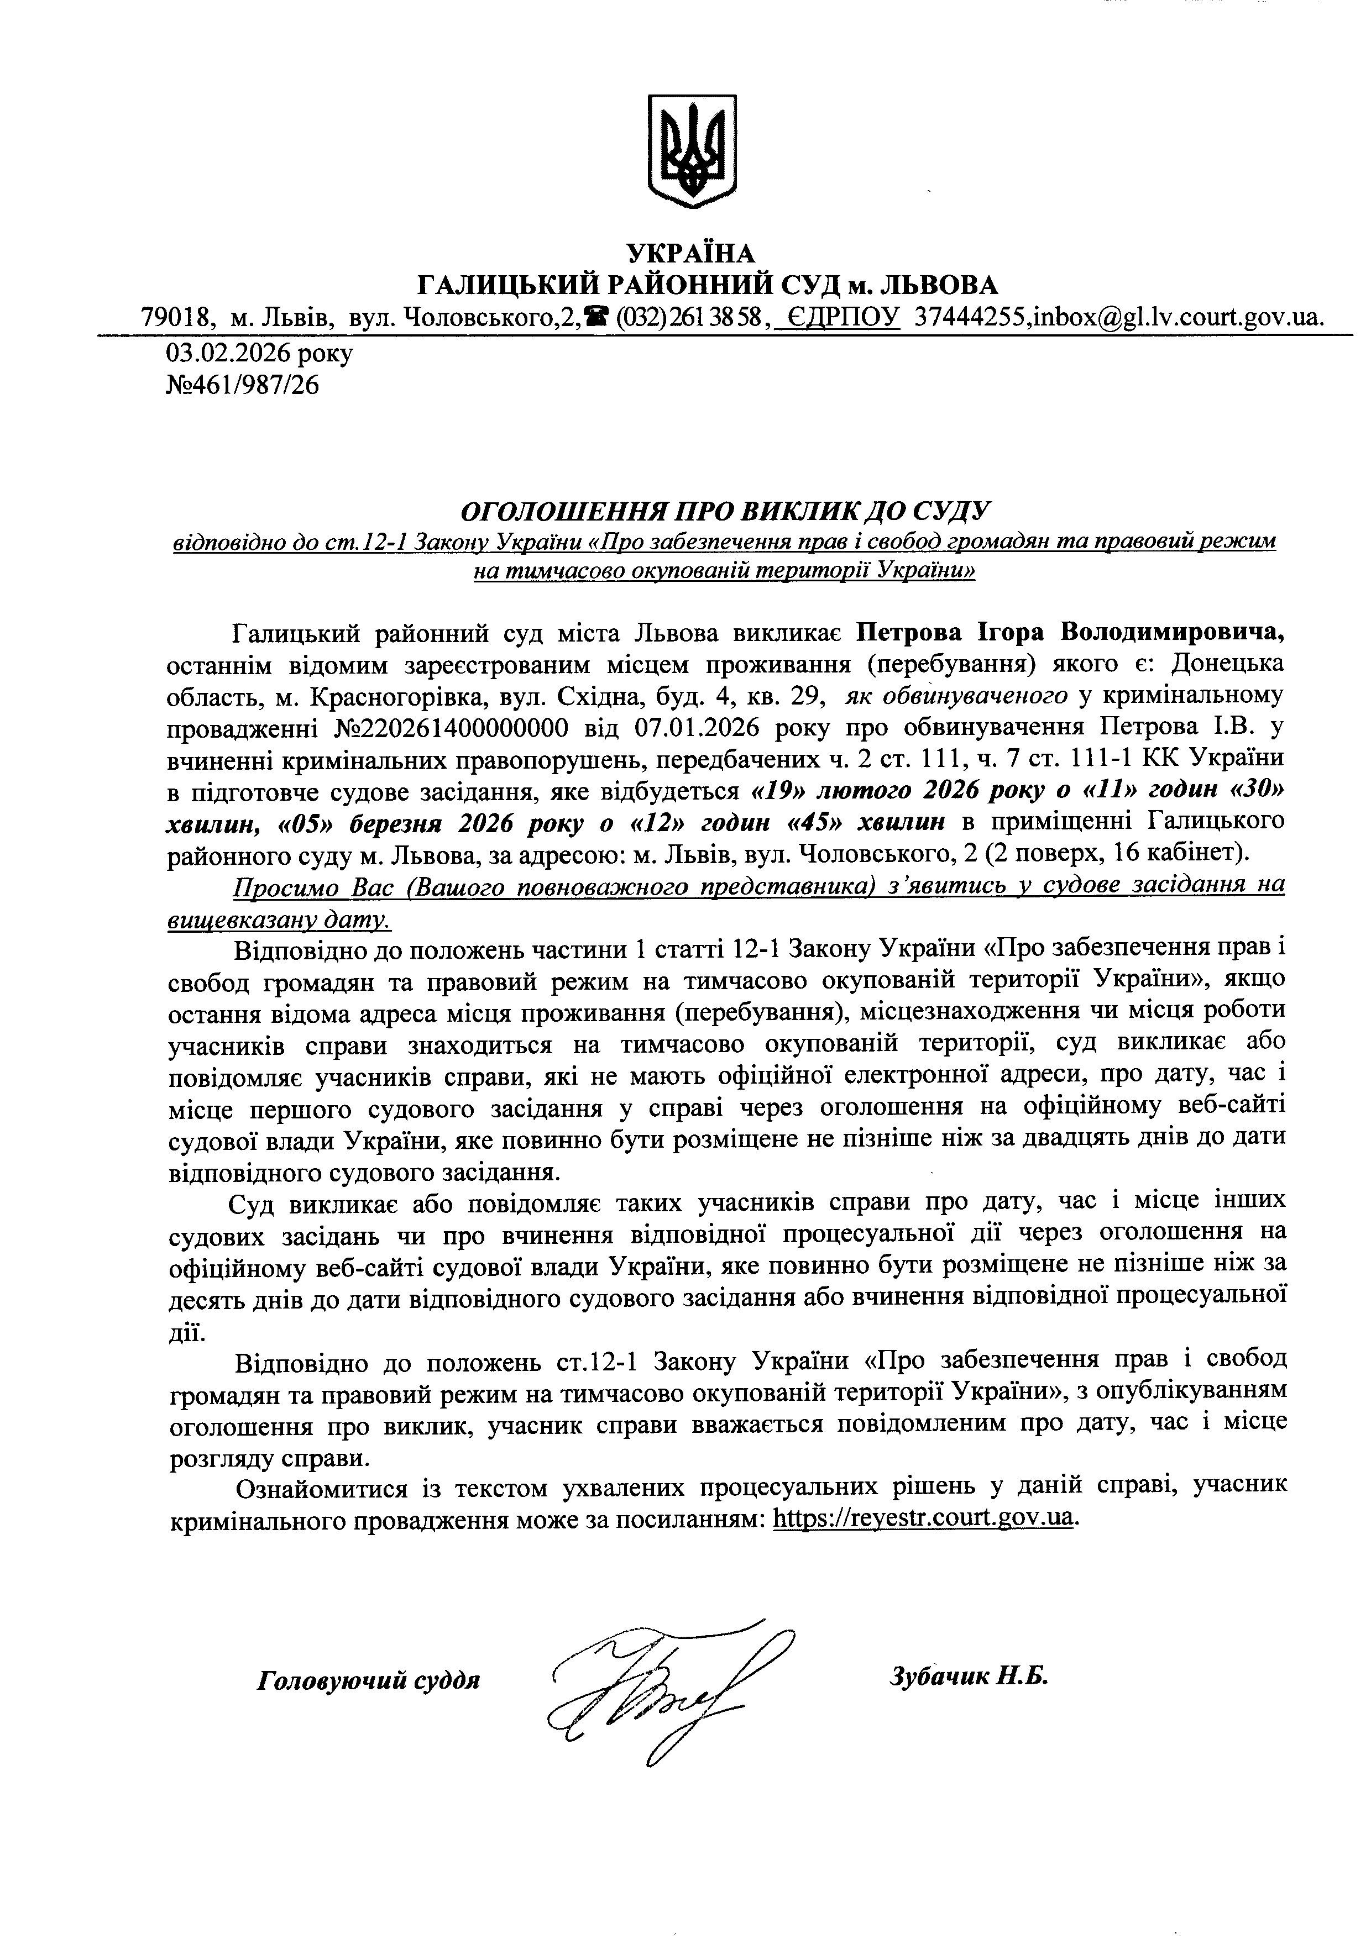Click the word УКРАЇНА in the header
[690, 253]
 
